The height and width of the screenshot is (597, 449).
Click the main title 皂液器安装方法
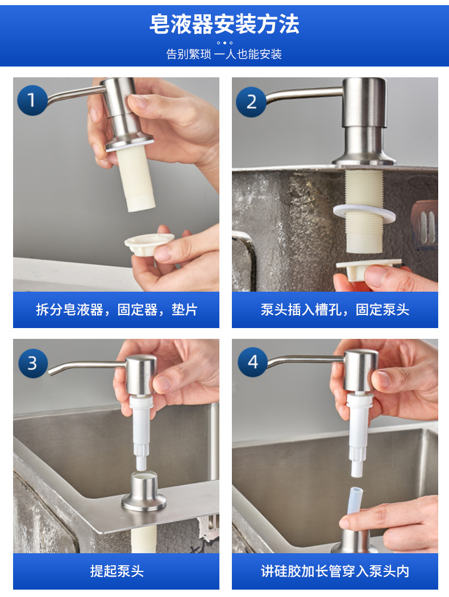pos(224,24)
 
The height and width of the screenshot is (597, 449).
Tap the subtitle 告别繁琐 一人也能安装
pos(224,54)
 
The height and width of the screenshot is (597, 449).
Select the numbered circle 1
pos(32,100)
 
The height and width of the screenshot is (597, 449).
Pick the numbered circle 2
pos(251,102)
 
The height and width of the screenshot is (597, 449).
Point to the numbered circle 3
pos(33,363)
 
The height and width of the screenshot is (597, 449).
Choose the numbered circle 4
pos(253,362)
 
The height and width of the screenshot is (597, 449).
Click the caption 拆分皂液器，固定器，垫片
pos(117,309)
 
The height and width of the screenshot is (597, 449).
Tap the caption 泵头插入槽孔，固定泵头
pos(335,309)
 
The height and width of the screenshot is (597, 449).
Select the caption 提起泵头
pos(117,571)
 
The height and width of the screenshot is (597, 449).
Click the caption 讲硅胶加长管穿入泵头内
pos(335,571)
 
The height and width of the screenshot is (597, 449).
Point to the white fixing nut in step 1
pos(148,244)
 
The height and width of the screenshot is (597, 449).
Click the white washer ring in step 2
pos(364,214)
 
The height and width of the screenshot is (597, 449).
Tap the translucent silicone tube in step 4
pos(354,503)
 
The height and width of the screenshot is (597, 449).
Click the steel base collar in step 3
pos(144,491)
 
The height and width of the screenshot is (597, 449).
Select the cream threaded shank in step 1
pos(135,177)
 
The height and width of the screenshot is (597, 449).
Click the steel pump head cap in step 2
pos(364,102)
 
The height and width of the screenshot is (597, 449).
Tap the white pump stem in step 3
pos(141,432)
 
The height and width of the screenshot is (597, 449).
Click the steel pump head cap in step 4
pos(360,371)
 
